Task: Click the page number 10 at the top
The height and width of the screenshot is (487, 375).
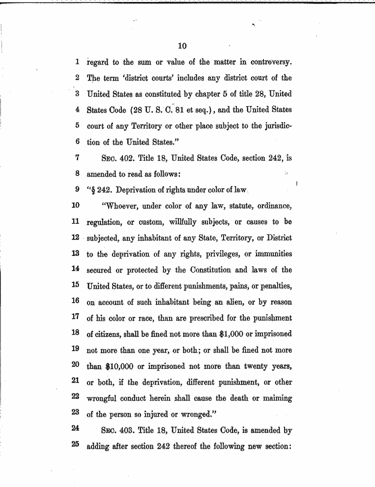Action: pos(182,46)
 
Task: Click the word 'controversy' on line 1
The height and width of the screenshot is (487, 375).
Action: pos(271,62)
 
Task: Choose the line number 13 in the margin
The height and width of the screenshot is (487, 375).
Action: pos(75,254)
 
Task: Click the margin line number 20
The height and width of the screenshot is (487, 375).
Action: pos(75,365)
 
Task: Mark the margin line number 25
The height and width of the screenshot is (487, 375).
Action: pos(75,446)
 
